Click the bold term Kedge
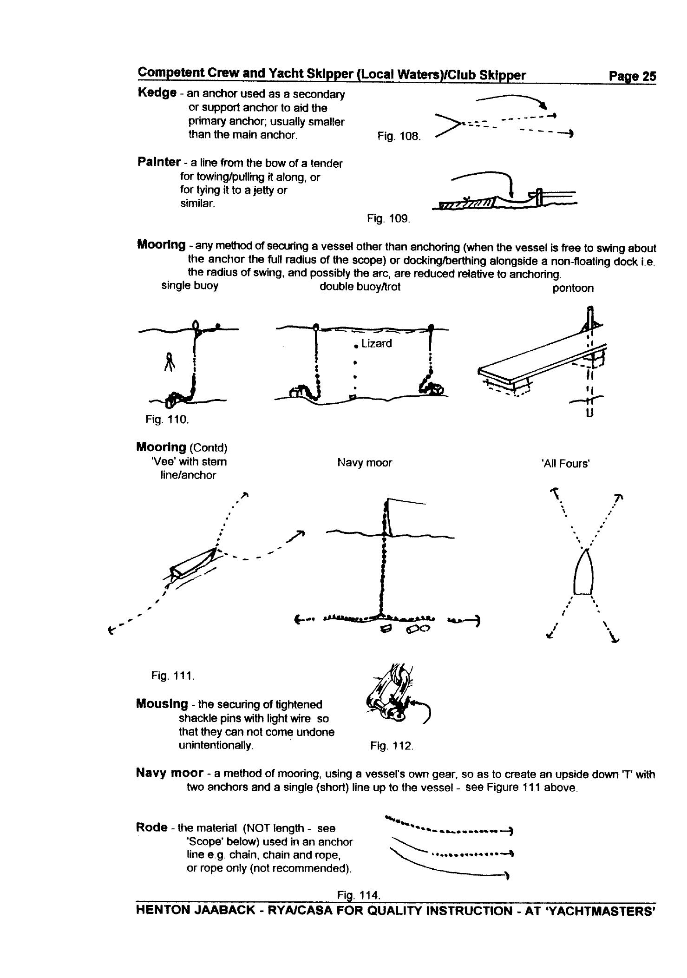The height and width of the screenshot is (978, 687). coord(157,92)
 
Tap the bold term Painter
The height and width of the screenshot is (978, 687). coord(159,162)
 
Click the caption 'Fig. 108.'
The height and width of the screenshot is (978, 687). coord(399,137)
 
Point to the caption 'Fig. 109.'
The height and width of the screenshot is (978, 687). coord(388,218)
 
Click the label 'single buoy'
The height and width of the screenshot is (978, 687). coord(190,285)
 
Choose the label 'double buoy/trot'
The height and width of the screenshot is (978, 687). coord(360,287)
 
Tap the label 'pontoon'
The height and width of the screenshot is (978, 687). coord(573,288)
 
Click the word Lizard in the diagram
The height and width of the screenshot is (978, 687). coord(376,343)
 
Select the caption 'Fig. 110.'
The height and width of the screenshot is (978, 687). coord(167,420)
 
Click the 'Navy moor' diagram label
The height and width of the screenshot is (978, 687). coord(365,463)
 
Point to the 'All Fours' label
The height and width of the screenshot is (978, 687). coord(565,464)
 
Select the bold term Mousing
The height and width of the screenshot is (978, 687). coord(162,704)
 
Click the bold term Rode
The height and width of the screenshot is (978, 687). coord(151,827)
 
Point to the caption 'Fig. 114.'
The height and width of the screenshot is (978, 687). coord(359,895)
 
